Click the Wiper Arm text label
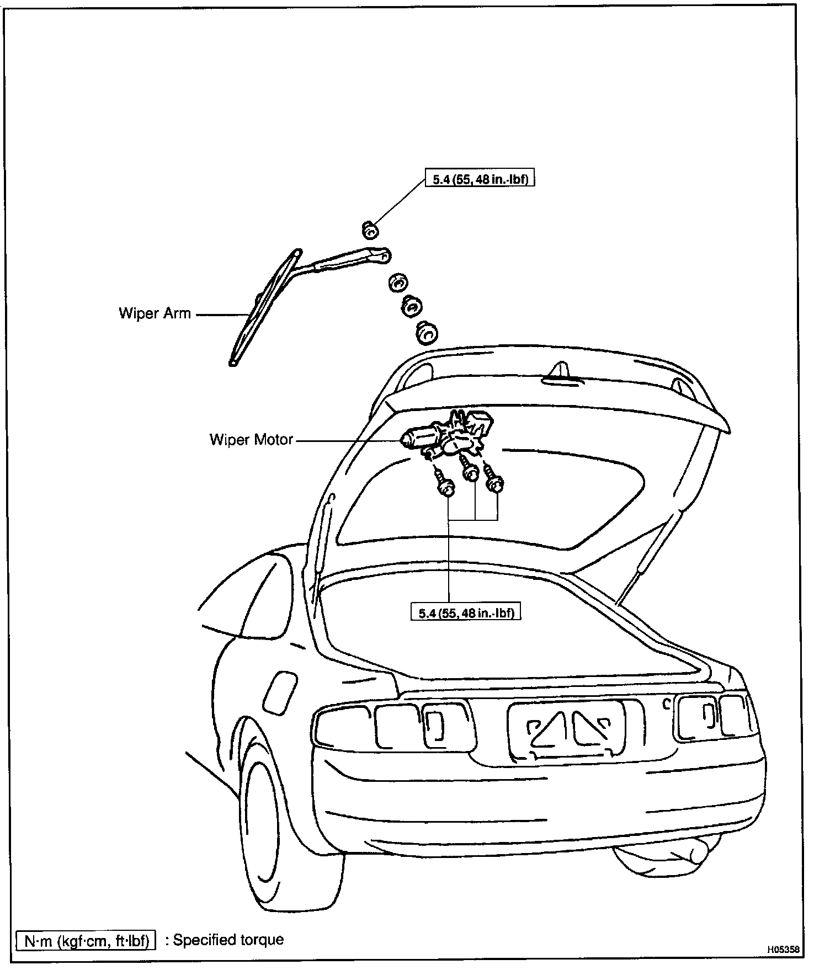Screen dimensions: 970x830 click(155, 313)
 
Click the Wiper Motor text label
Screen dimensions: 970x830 click(251, 440)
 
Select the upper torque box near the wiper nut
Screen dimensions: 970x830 click(480, 179)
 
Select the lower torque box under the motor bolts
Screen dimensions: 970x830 click(466, 612)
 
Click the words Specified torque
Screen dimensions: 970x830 click(228, 940)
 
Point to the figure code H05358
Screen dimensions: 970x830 click(783, 949)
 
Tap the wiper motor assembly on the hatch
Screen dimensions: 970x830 click(447, 433)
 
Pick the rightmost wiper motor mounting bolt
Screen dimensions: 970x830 click(494, 481)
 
